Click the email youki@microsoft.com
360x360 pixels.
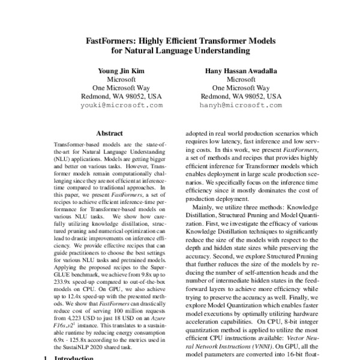coord(121,104)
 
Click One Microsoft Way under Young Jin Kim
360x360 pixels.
coord(121,87)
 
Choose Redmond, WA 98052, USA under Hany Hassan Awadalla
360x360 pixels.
coord(240,95)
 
